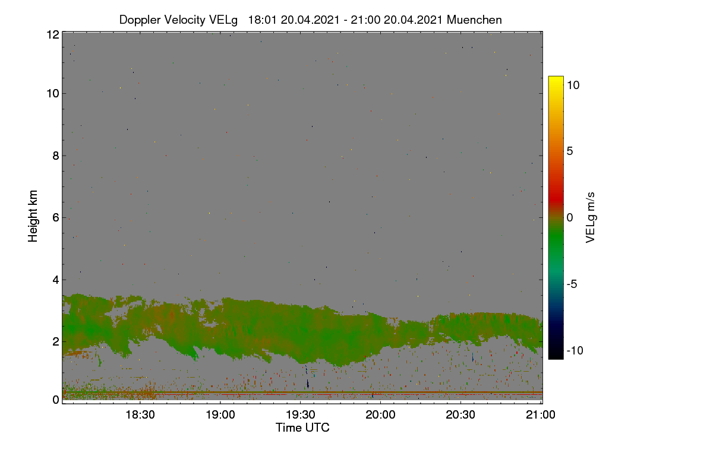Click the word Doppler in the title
(140, 20)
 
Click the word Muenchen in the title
(474, 20)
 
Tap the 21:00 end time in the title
(365, 20)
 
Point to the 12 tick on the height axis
(53, 34)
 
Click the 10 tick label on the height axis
(53, 94)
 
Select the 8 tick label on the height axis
(56, 156)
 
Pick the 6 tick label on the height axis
(56, 218)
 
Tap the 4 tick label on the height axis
(56, 280)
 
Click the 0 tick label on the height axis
(56, 400)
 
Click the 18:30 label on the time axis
(140, 414)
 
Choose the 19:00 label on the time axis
(220, 414)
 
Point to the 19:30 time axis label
(301, 414)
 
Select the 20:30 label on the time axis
(460, 414)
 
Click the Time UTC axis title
(302, 427)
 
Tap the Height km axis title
(33, 216)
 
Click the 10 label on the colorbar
(573, 85)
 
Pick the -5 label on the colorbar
(572, 284)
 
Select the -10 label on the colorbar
(575, 350)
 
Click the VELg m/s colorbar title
(591, 218)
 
